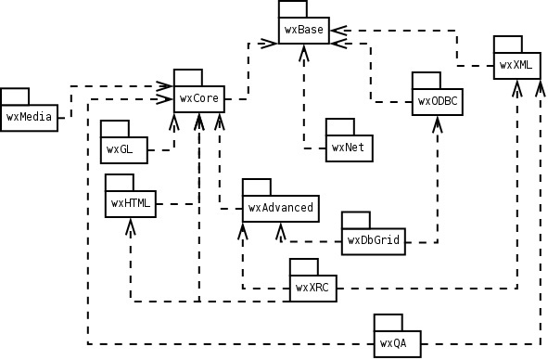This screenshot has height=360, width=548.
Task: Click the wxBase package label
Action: coord(303,30)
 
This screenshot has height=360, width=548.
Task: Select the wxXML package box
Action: coord(516,65)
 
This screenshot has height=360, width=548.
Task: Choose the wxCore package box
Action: coord(198,97)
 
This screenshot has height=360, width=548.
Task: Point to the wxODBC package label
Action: coord(438,100)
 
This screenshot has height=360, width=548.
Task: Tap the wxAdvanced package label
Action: coord(280,208)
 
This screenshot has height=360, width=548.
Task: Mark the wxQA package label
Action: coord(394,343)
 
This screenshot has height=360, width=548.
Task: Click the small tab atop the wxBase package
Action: coord(291,8)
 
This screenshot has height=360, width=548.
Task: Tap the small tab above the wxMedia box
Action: coord(15,95)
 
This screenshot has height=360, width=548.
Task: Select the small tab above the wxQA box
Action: coord(388,322)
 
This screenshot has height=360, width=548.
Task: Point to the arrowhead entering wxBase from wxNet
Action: coord(303,51)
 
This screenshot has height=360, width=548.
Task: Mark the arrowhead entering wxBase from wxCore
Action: coord(269,40)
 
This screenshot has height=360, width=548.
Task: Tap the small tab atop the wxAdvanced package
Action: coord(256,186)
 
